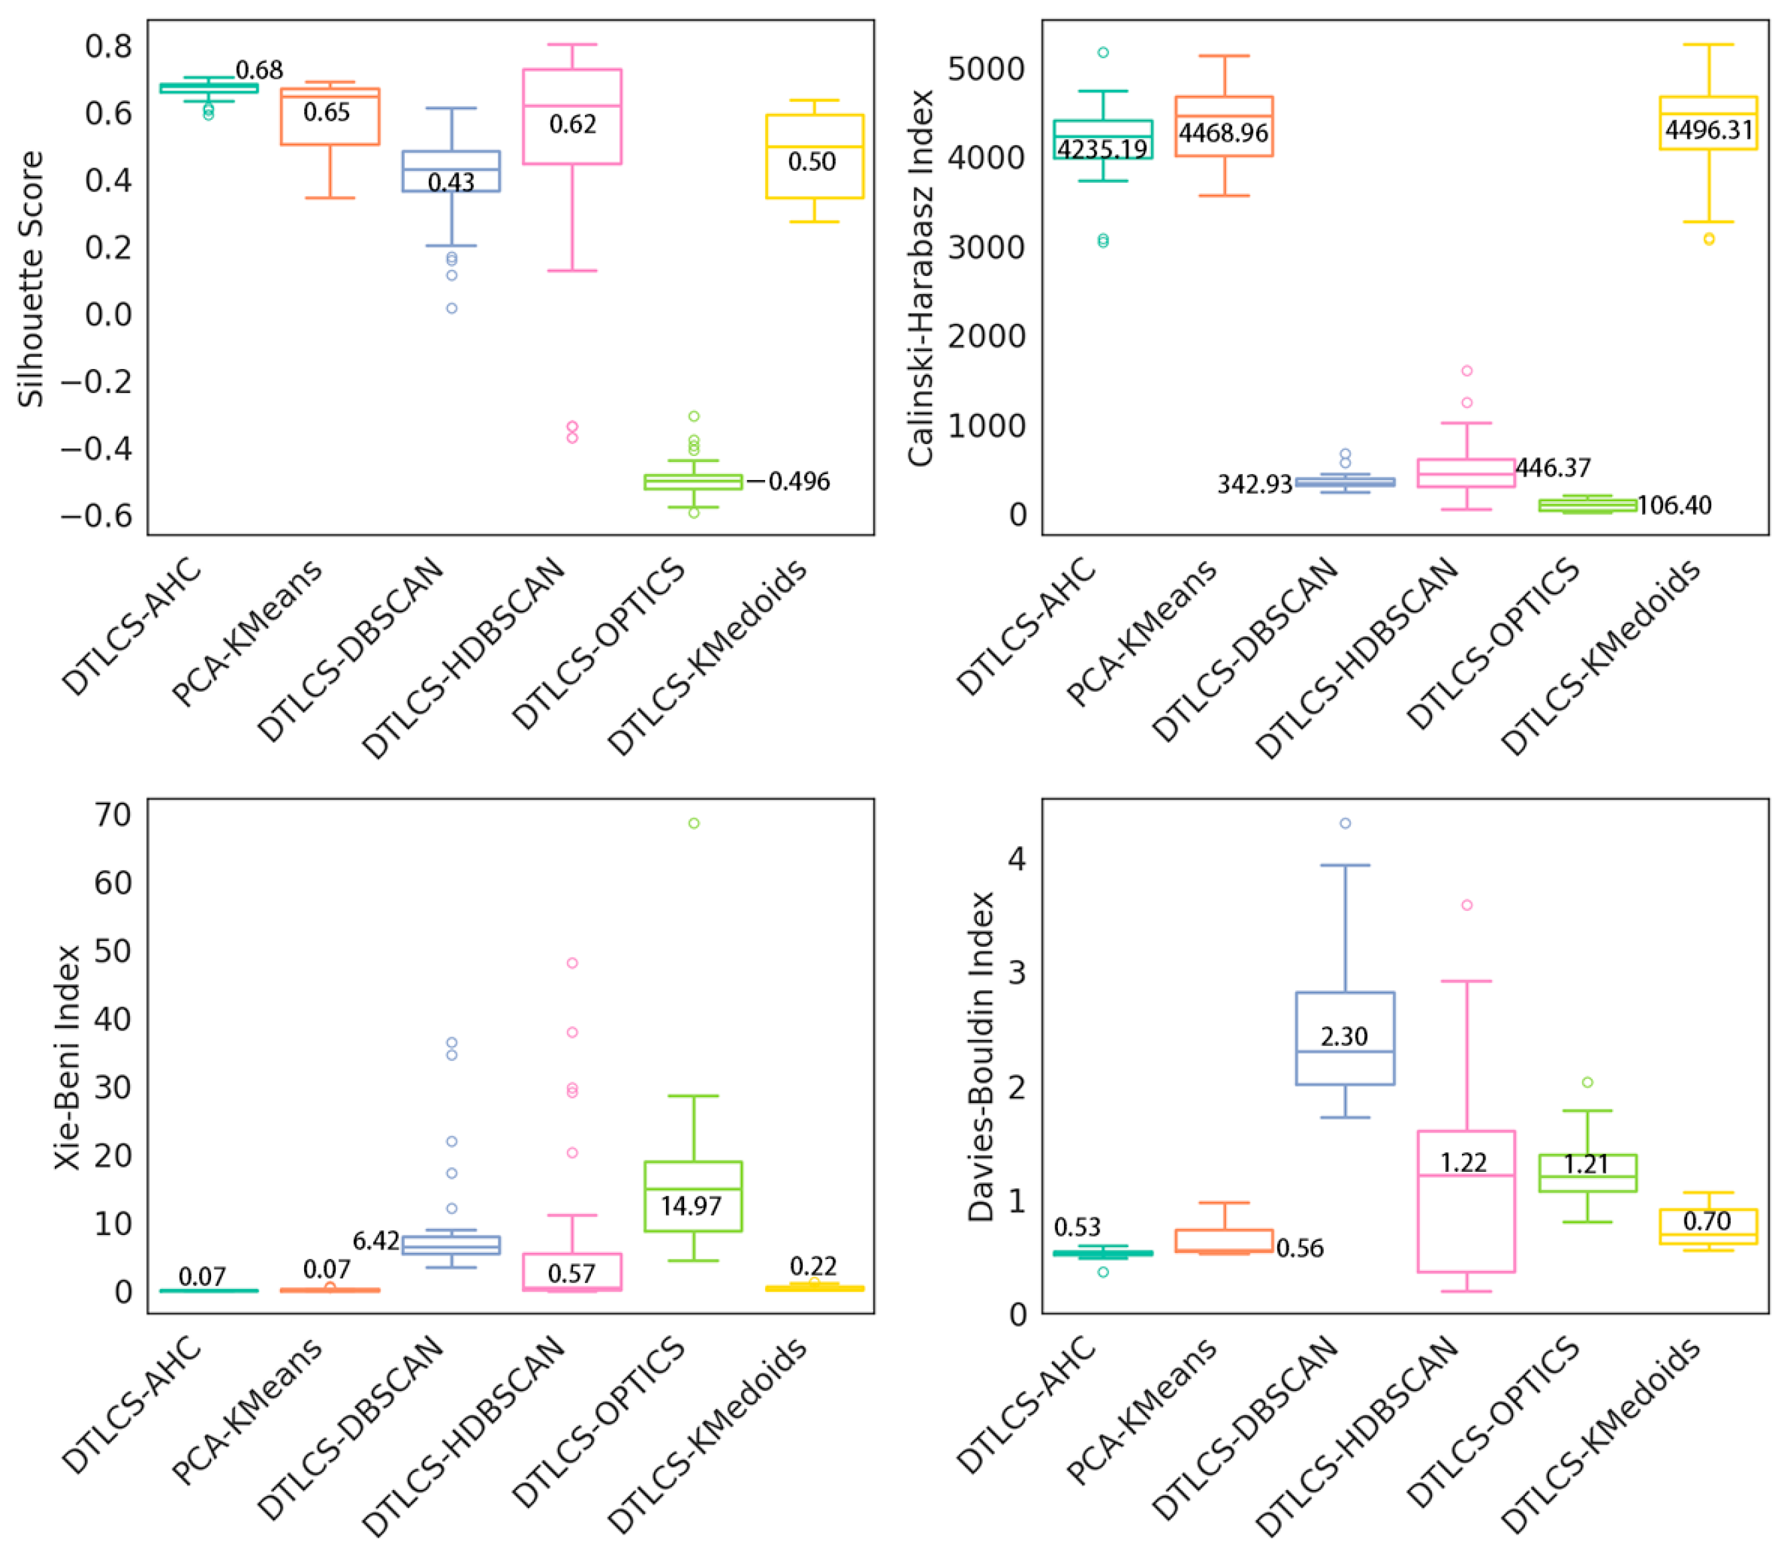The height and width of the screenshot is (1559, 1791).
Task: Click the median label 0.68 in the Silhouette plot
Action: point(259,70)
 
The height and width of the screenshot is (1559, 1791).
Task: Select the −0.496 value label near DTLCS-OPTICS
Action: point(789,481)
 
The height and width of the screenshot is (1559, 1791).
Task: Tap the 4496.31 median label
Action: point(1709,130)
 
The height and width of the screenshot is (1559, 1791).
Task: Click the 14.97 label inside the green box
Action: point(691,1206)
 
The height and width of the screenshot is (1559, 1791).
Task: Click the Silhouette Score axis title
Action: point(31,279)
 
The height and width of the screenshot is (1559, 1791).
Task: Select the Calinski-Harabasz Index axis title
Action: point(920,279)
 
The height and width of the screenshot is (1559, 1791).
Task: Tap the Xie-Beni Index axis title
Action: point(67,1057)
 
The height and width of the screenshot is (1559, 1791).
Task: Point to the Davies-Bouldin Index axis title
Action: point(981,1057)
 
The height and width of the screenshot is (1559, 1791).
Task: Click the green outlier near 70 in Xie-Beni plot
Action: point(693,823)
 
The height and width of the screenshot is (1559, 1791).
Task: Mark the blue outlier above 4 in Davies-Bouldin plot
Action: point(1345,823)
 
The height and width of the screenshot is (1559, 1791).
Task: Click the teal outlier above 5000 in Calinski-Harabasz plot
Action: point(1104,52)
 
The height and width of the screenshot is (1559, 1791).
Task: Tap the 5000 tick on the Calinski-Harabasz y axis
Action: point(986,69)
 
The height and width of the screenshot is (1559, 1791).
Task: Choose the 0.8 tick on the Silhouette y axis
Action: point(109,46)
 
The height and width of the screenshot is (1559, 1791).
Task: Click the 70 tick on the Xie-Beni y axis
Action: point(113,815)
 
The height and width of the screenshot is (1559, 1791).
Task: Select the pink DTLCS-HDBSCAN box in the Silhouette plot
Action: point(572,117)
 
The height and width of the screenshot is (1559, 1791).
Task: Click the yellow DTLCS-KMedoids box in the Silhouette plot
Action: point(815,157)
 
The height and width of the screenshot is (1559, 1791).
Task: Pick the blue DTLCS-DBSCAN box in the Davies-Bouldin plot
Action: point(1345,1039)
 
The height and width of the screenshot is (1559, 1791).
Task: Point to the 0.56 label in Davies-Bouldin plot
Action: point(1300,1248)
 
